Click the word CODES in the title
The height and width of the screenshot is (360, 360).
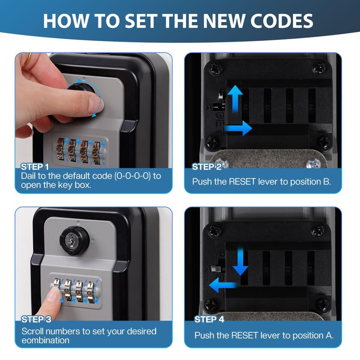[x=282, y=21]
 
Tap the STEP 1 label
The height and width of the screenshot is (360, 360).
[x=35, y=167]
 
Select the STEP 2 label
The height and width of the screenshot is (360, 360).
[x=207, y=167]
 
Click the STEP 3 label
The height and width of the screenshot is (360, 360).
[x=36, y=319]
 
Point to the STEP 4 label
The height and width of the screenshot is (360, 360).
[x=209, y=319]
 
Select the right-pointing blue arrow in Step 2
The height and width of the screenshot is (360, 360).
[x=238, y=128]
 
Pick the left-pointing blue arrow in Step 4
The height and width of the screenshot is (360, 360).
[x=223, y=285]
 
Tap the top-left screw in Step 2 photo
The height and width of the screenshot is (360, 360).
[x=215, y=68]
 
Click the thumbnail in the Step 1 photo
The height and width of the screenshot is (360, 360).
[x=94, y=104]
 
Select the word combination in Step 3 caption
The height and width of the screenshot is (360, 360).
[x=45, y=340]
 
